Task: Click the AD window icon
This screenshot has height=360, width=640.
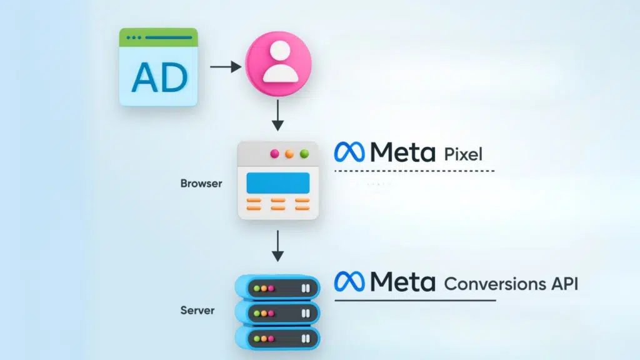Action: click(159, 67)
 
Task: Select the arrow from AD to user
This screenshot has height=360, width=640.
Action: click(226, 67)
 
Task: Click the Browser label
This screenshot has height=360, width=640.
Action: click(201, 184)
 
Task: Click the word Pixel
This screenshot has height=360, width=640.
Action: click(463, 153)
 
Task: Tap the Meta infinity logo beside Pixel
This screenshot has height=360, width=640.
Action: click(349, 152)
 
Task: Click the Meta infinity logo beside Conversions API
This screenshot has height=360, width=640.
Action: click(349, 282)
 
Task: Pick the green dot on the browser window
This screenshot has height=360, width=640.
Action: click(304, 154)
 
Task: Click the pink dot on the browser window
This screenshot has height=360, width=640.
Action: click(273, 154)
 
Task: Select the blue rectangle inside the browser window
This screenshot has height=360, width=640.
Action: click(278, 182)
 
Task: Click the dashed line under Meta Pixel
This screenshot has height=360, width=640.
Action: click(414, 171)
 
